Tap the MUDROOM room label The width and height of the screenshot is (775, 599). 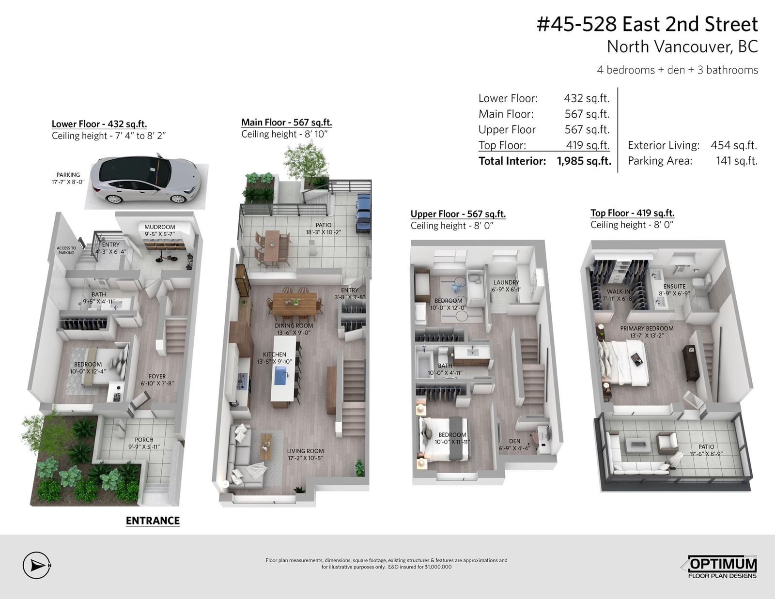(x=160, y=227)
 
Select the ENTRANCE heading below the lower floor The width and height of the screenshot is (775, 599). (x=153, y=521)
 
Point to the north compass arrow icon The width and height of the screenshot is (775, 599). (x=37, y=565)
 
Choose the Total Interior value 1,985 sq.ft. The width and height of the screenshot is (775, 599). (x=584, y=161)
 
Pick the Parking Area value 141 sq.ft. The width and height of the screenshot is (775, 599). (x=736, y=161)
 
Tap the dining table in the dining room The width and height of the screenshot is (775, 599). (x=294, y=304)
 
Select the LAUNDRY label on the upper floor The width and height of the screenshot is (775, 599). (x=507, y=282)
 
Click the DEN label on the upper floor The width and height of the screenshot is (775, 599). (x=514, y=441)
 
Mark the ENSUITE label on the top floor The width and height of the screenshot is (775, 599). (x=674, y=286)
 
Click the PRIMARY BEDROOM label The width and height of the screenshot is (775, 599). (x=647, y=328)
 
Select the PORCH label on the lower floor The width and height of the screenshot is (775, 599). (x=144, y=440)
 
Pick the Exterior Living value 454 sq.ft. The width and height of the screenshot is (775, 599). (x=734, y=145)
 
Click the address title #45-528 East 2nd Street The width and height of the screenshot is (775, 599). (x=647, y=24)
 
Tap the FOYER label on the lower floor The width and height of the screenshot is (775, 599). (x=157, y=376)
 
